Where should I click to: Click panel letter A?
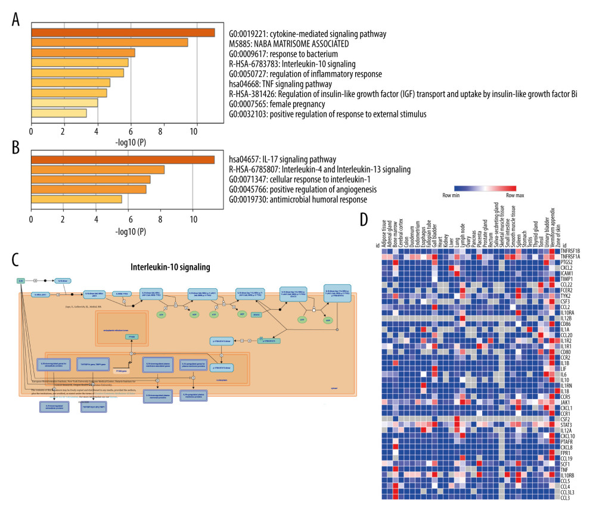click(x=18, y=18)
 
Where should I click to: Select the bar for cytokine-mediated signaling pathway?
click(x=123, y=33)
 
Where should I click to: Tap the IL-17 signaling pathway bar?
click(x=123, y=159)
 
